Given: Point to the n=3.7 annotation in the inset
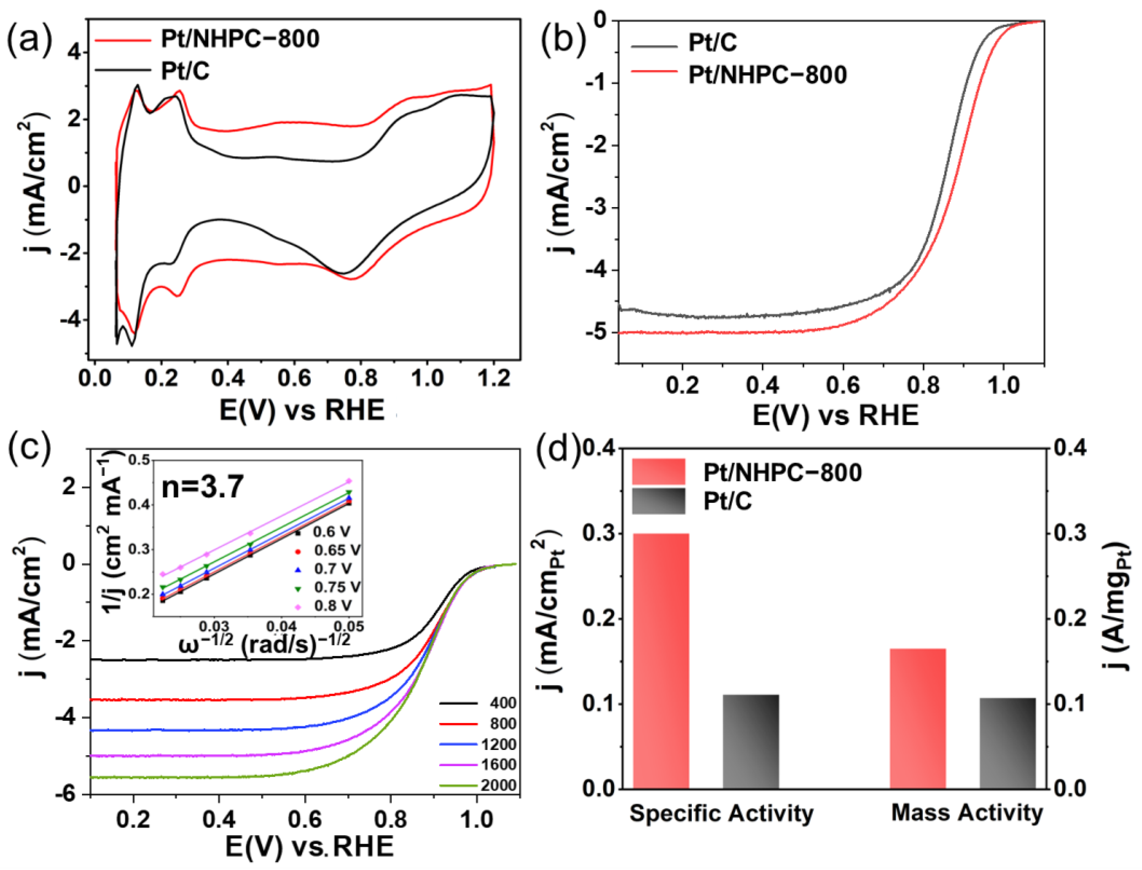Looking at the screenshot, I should [202, 487].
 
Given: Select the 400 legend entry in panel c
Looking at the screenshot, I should [502, 703].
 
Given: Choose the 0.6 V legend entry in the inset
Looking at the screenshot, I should [332, 532].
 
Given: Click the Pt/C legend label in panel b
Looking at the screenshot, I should [712, 43].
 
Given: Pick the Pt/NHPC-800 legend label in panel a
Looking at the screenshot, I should [240, 39].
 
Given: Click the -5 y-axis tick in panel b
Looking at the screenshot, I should [595, 333].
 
